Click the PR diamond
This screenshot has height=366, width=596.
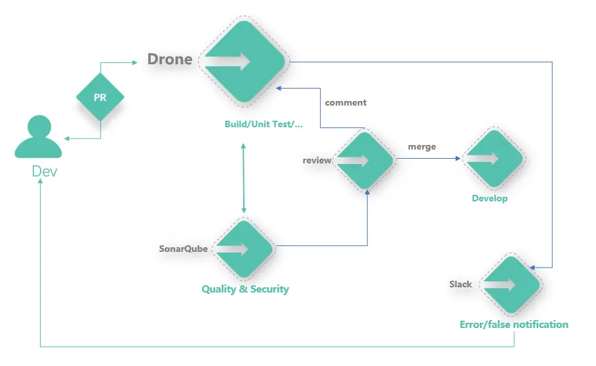click(x=100, y=97)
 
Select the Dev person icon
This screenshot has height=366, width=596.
click(x=38, y=136)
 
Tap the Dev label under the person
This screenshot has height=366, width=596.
click(x=45, y=171)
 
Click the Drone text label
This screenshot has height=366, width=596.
click(x=170, y=59)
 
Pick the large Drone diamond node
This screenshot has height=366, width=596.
click(x=244, y=62)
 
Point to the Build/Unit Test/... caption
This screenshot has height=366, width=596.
click(x=264, y=124)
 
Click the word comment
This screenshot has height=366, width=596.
click(x=346, y=102)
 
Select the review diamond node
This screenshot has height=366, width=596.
click(x=365, y=160)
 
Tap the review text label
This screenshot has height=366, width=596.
click(x=317, y=161)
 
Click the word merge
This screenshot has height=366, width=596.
click(x=422, y=147)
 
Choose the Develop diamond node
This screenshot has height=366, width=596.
click(x=494, y=159)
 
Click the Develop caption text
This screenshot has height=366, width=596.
click(x=490, y=198)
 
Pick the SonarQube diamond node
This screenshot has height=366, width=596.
click(x=244, y=249)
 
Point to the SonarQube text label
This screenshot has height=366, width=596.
click(x=183, y=249)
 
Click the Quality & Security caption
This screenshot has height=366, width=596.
click(x=245, y=289)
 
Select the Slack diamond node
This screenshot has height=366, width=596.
click(x=511, y=285)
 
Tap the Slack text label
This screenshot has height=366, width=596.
click(x=460, y=284)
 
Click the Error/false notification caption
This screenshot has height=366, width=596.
click(x=514, y=325)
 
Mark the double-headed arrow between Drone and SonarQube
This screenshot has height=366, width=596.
click(x=244, y=178)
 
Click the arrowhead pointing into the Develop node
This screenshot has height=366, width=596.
click(x=458, y=158)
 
